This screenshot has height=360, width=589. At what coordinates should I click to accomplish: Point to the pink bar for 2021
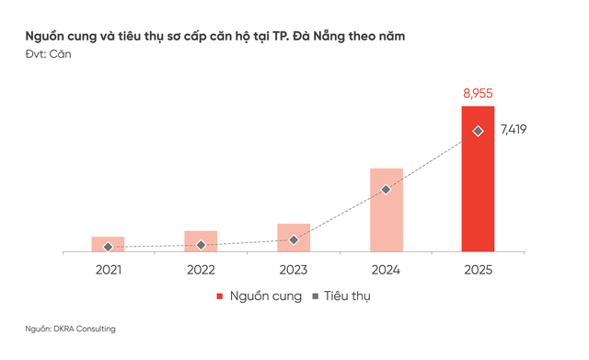[108, 243]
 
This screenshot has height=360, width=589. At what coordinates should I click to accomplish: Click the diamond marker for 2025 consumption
[478, 131]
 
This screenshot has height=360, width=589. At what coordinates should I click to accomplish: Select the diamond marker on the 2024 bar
[386, 190]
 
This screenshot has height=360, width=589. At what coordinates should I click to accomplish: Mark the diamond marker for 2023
[294, 239]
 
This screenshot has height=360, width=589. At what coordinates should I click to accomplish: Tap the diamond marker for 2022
[201, 245]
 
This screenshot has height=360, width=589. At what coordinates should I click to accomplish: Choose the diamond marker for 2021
[108, 247]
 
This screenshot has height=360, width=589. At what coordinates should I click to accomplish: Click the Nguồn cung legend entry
[259, 296]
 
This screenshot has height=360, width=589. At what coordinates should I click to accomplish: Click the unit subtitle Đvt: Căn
[48, 54]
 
